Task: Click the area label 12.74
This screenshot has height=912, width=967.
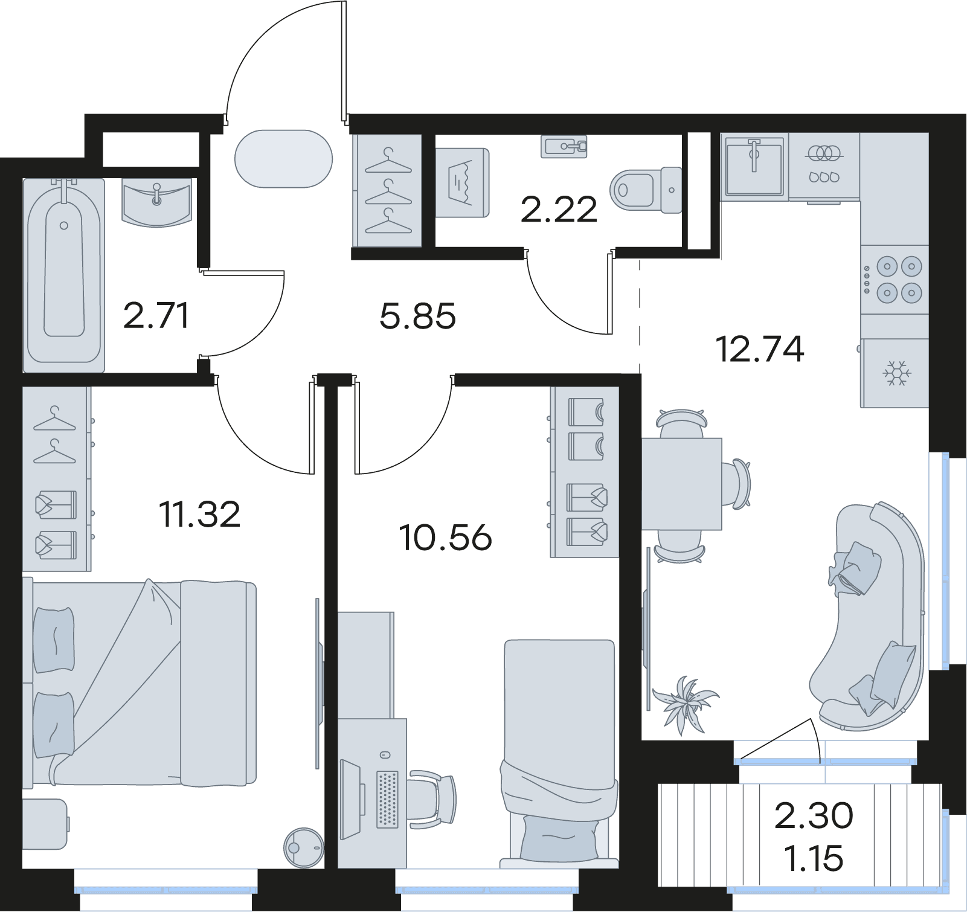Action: click(x=759, y=349)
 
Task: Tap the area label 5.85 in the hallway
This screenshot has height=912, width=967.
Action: click(x=417, y=316)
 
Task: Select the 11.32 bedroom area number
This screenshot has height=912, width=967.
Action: click(x=199, y=515)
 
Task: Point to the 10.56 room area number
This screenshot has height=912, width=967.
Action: click(x=446, y=538)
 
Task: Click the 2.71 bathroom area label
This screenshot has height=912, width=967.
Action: click(x=156, y=316)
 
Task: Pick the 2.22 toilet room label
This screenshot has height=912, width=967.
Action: click(x=559, y=210)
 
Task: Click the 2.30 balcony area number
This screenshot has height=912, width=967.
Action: click(x=814, y=815)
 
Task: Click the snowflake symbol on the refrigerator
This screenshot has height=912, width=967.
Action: click(x=896, y=374)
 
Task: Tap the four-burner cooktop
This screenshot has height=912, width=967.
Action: click(x=895, y=280)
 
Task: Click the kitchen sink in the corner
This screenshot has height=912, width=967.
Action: click(x=754, y=165)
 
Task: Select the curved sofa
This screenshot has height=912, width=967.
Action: click(x=870, y=616)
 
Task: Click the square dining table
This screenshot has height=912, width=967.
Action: click(x=682, y=484)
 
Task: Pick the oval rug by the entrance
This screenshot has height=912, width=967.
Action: click(x=283, y=159)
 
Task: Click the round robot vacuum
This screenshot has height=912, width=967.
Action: click(x=304, y=847)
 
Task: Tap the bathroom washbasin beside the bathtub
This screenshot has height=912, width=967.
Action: click(x=156, y=201)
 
